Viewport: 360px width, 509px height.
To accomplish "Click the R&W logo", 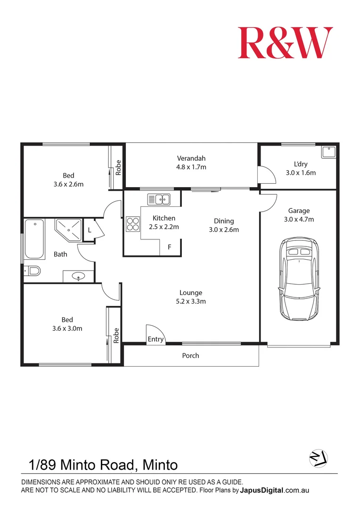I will pos(285,43).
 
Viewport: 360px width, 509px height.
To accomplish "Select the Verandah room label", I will pos(191,158).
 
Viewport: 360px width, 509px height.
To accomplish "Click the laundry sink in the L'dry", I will pos(328,152).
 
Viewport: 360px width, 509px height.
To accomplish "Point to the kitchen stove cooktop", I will pos(133,223).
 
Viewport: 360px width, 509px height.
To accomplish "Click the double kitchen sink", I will pos(159,199).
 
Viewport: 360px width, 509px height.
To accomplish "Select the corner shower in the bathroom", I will pos(68,230).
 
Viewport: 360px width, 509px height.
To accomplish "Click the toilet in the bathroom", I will pos(33,271).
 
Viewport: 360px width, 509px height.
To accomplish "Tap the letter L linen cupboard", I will pos(89,230).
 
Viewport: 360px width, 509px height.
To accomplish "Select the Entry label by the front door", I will pos(156,339).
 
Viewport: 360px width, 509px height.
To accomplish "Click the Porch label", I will pos(191,355).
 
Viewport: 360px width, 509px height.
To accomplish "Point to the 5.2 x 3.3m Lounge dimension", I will pos(191,301).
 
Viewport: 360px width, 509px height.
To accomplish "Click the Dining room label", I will pos(224,221).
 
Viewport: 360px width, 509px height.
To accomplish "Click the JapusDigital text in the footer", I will pos(262,490).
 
